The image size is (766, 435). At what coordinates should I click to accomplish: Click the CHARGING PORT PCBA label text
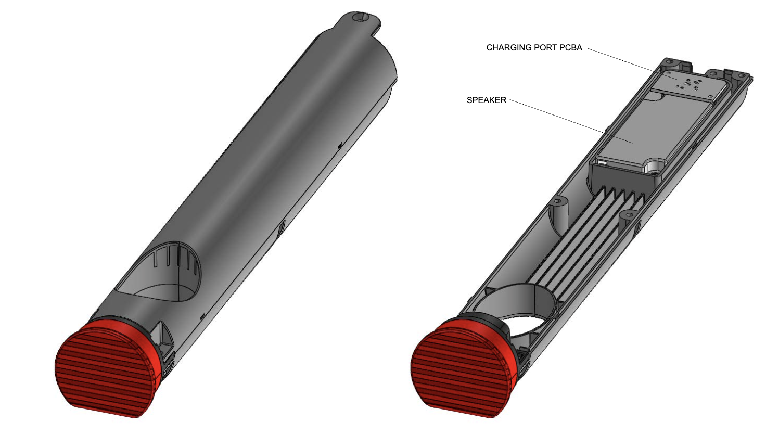tap(534, 48)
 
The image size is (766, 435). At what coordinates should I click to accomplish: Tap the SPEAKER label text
tap(486, 100)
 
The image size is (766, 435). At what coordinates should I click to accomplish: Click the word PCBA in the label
tap(571, 48)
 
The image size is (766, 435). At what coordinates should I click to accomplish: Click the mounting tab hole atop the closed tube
tap(359, 17)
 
